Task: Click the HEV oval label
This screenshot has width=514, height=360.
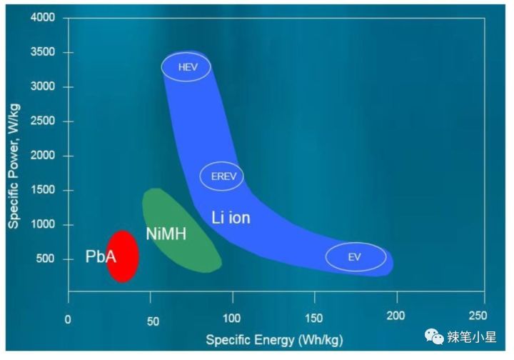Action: tap(186, 67)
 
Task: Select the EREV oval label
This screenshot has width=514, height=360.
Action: tap(221, 176)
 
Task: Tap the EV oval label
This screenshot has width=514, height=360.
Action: tap(356, 257)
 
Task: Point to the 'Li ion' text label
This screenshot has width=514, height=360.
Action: tap(231, 217)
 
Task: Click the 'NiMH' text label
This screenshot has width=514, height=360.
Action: tap(166, 234)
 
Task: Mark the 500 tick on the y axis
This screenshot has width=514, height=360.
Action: tap(47, 259)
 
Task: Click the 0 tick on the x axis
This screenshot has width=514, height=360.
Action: tap(68, 319)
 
